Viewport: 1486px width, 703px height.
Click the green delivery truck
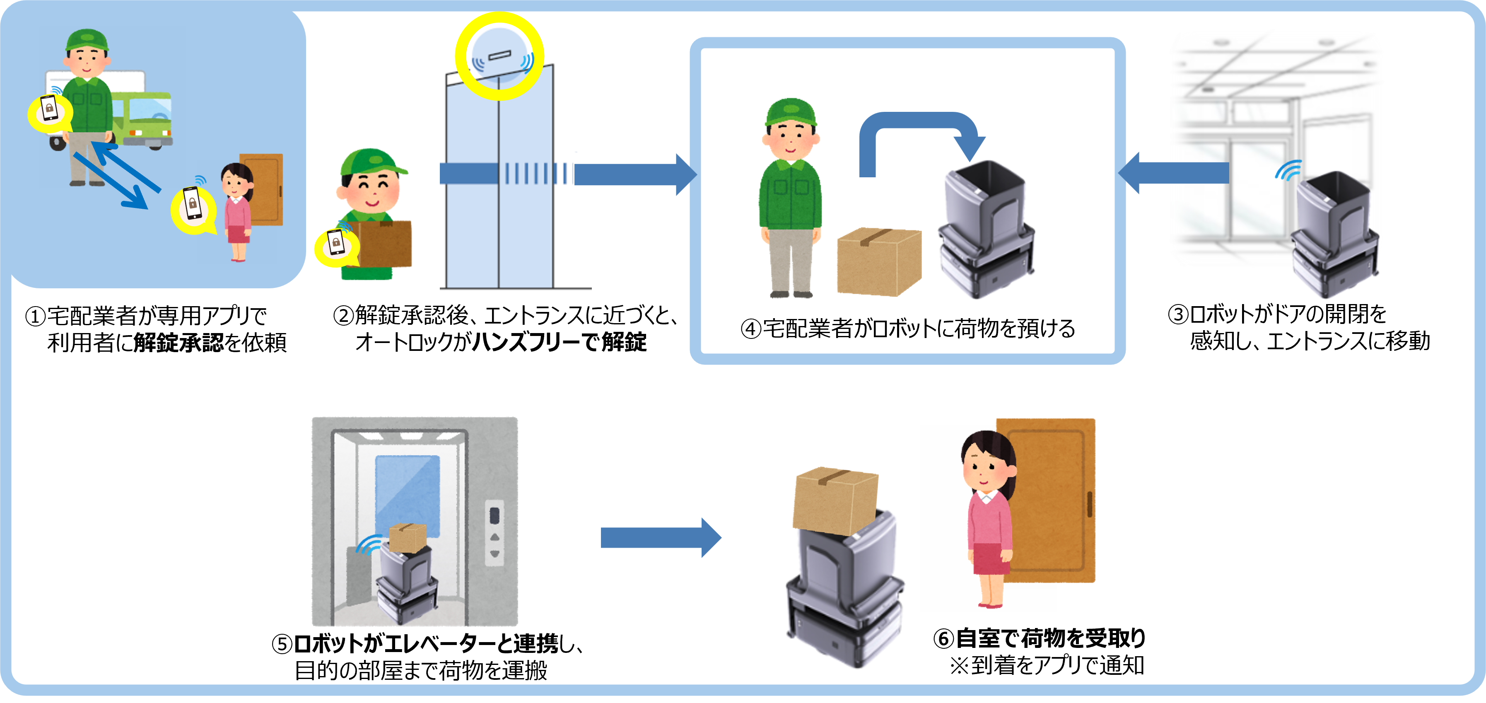point(144,118)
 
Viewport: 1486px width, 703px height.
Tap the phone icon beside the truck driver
point(49,110)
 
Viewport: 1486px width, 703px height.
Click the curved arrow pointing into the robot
point(920,135)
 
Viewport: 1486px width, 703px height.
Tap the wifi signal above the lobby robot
point(1289,170)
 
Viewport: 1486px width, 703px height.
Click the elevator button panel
point(495,532)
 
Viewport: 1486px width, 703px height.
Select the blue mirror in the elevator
point(407,490)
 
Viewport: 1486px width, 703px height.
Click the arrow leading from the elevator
point(661,537)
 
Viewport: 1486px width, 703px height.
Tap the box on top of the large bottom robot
point(835,500)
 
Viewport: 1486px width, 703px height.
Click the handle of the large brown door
point(1089,504)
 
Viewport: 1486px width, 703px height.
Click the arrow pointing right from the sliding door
point(634,174)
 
